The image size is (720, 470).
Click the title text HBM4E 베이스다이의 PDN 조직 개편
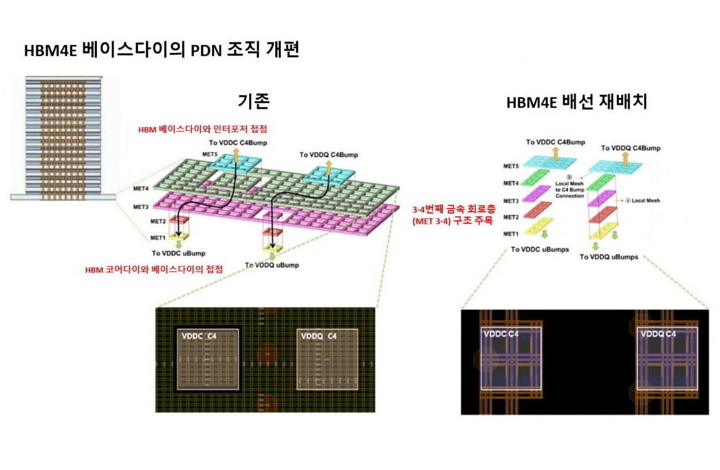(162, 51)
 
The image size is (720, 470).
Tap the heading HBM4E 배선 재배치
(576, 103)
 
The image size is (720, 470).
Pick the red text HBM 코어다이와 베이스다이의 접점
(154, 269)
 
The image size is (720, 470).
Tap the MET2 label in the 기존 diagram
(158, 221)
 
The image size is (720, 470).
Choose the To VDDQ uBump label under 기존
(272, 265)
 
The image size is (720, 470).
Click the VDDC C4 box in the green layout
(207, 359)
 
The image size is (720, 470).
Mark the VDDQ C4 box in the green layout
(327, 359)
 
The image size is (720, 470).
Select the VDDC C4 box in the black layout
(511, 358)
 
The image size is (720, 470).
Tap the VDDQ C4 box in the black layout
(667, 358)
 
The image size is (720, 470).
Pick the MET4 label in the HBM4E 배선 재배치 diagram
(511, 183)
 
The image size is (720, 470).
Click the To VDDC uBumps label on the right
(539, 250)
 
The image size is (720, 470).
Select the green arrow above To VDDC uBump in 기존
(178, 244)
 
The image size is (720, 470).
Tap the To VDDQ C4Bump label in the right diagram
(631, 148)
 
